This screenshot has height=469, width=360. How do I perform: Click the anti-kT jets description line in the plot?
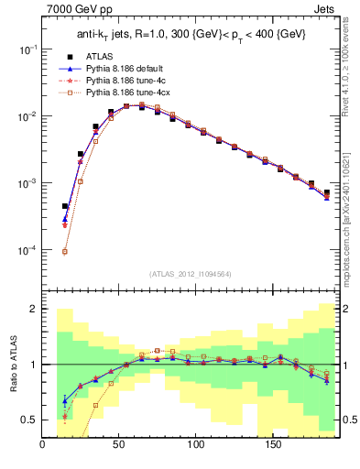[191, 35]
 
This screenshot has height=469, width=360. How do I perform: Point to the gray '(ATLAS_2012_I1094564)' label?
[191, 274]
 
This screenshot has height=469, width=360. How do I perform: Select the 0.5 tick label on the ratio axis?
[29, 420]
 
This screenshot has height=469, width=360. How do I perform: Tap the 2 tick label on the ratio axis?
[34, 309]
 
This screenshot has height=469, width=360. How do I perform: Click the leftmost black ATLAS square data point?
[65, 206]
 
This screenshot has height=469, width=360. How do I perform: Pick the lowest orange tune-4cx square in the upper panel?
[65, 251]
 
